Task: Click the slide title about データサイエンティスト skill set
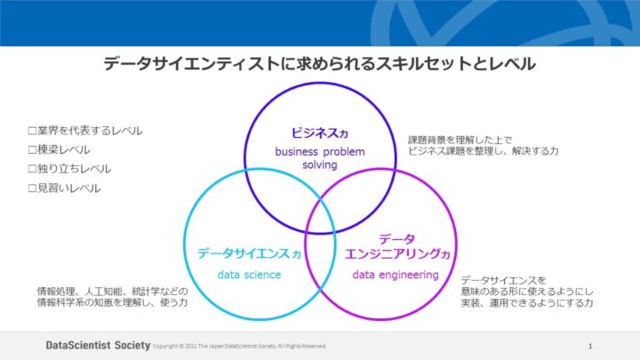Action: coord(319,64)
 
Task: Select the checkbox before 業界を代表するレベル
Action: coord(32,131)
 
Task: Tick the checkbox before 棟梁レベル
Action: coord(32,150)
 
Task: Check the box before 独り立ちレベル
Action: coord(32,169)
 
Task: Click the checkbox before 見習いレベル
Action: coord(32,188)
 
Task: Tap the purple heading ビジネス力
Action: coord(319,132)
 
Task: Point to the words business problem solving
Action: coord(319,159)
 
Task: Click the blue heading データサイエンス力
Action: coord(249,254)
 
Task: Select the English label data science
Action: coord(249,275)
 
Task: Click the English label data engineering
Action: coord(395,275)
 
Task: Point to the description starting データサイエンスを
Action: coord(527,292)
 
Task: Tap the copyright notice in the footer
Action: coord(240,346)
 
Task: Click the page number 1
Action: coord(590,345)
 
